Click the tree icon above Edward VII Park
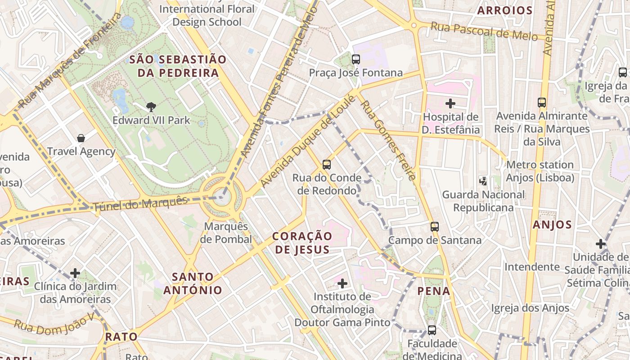[x=151, y=107]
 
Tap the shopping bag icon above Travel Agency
[x=81, y=138]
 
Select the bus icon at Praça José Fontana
[x=356, y=59]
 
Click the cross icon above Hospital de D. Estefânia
[x=450, y=103]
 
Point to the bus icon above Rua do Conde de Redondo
[x=327, y=164]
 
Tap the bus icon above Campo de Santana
[x=435, y=227]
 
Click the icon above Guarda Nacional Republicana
[x=483, y=181]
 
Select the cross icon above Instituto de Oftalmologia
[x=342, y=283]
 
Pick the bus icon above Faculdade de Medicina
[x=432, y=330]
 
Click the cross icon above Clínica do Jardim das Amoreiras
[x=75, y=273]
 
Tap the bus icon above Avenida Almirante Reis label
[x=542, y=103]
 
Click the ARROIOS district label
[x=505, y=10]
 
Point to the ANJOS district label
[x=552, y=225]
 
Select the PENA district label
[x=434, y=291]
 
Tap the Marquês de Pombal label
[x=226, y=233]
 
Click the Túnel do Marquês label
[x=140, y=204]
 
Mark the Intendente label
[x=532, y=267]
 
